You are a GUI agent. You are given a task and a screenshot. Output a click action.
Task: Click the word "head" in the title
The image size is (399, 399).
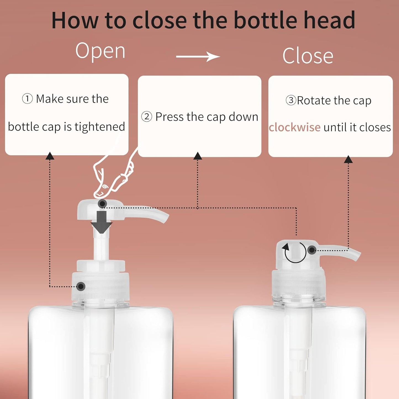[x=329, y=20]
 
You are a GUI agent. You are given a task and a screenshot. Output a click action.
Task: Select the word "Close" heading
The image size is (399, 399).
[x=308, y=56]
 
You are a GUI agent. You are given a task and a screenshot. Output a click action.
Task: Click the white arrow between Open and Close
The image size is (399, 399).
[x=198, y=57]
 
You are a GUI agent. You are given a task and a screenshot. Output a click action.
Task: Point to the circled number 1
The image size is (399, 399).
[x=27, y=99]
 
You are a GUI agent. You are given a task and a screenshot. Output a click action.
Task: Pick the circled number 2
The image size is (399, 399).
[x=147, y=117]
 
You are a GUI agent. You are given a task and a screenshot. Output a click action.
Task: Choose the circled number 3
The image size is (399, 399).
[x=291, y=100]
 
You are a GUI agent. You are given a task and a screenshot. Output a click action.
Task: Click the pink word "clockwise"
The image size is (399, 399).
[x=295, y=127]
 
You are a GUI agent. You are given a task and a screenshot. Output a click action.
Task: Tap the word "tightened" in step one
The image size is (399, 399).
[x=100, y=127]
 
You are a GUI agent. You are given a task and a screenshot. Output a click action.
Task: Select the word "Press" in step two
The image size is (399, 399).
[x=169, y=117]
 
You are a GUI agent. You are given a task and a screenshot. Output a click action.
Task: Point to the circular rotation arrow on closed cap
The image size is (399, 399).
[x=295, y=252]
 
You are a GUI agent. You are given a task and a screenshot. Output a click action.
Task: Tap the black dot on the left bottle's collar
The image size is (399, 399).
[x=81, y=286]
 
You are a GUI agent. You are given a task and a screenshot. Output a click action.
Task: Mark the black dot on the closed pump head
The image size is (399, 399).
[x=312, y=250]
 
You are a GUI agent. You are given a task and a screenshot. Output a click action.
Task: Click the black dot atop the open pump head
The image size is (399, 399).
[x=102, y=204]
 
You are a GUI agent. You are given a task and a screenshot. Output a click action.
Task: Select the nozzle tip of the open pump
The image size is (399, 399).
[x=165, y=218]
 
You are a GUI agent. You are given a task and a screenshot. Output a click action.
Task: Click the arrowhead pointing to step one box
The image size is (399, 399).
[x=50, y=156]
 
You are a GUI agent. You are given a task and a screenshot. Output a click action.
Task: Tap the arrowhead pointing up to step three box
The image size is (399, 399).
[x=348, y=159]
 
